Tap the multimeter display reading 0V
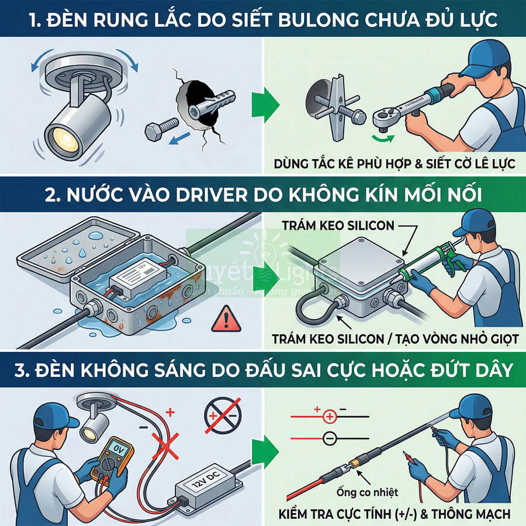point(112,451)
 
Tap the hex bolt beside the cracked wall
point(160,127)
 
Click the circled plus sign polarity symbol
point(330,417)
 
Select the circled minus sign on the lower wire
point(330,437)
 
